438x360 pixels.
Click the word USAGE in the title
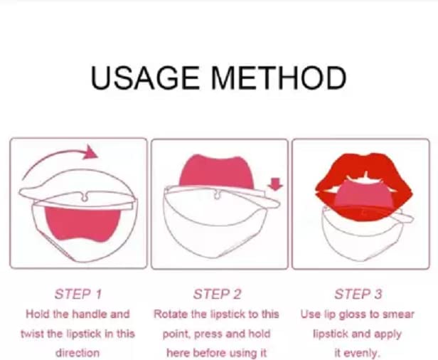[x=145, y=78]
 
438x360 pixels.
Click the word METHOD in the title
[x=279, y=78]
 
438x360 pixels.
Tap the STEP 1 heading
[x=78, y=295]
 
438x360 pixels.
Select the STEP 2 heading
[x=217, y=295]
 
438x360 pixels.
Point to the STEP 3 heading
[x=358, y=295]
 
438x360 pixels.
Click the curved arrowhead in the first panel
[x=90, y=152]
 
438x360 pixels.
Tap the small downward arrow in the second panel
[x=275, y=184]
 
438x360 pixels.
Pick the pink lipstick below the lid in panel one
[x=82, y=224]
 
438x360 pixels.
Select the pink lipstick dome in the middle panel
[x=217, y=171]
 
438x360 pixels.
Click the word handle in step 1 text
[x=90, y=314]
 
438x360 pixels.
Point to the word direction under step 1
[x=78, y=353]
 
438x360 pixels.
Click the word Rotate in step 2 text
[x=171, y=314]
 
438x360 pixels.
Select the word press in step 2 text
[x=208, y=334]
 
